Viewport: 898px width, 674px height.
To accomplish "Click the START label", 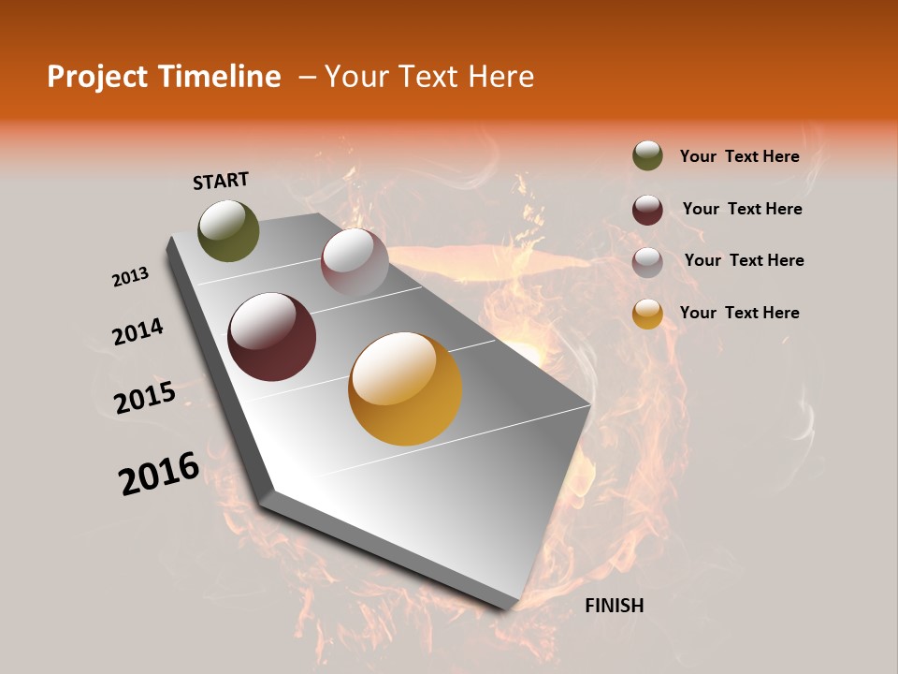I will point(221,181).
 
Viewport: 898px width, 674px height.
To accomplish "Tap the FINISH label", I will point(614,606).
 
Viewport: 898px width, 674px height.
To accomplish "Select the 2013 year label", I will point(130,277).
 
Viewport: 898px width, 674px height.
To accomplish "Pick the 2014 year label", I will point(138,331).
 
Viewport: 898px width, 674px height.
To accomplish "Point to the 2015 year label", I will point(145,397).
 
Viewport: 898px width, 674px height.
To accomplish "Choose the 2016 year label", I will point(159,474).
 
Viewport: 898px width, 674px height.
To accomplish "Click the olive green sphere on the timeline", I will point(228,230).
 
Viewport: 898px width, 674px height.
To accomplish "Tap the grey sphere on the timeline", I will point(355,262).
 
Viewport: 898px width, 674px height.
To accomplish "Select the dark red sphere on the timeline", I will point(271,337).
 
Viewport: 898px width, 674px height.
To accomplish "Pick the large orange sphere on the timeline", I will point(405,388).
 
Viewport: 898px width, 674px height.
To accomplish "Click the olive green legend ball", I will point(647,156).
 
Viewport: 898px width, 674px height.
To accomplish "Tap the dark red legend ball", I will point(647,210).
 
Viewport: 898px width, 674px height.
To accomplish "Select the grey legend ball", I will point(647,262).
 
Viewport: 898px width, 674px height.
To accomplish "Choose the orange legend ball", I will point(647,314).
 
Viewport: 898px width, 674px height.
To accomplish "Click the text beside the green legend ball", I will point(739,156).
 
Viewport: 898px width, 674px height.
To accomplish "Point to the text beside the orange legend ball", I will point(739,313).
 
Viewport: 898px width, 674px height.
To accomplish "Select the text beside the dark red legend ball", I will point(742,209).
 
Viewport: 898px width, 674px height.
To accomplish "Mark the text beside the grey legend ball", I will point(744,260).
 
